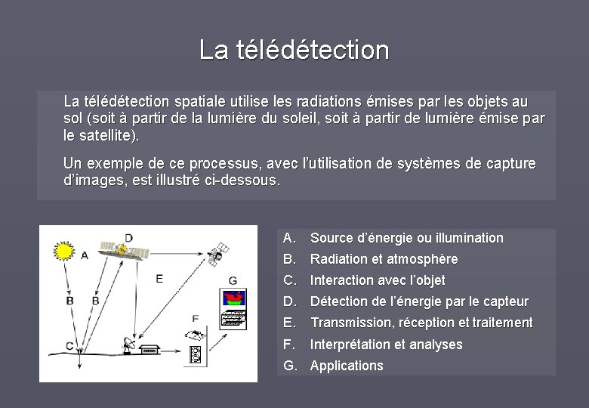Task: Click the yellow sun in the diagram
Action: coord(64,249)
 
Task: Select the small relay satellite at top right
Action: coord(218,255)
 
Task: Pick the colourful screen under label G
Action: coord(234,301)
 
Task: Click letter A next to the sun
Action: coord(85,255)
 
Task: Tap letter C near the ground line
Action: coord(69,346)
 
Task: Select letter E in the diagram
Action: coord(159,279)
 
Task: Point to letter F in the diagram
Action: coord(196,318)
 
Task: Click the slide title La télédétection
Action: coord(294,50)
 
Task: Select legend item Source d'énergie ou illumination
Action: coord(406,238)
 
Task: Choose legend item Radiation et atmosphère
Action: coord(384,259)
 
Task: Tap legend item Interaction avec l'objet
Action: coord(378,280)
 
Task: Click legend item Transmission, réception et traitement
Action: coord(421,323)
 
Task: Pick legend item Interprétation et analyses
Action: coord(386,345)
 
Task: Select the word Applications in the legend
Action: coord(347,366)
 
